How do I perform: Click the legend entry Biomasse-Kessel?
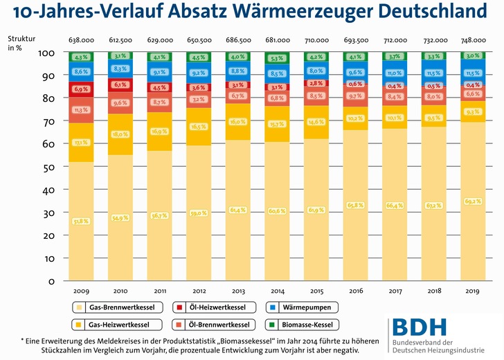click(302, 323)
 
